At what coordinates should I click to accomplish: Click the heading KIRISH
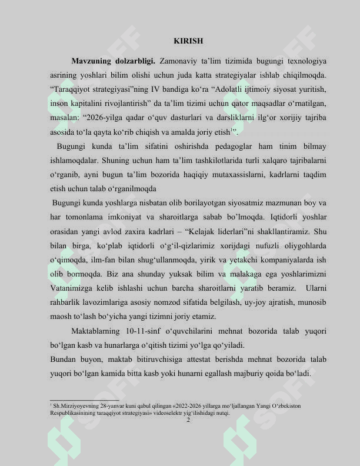pos(188,41)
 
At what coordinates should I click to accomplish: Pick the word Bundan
pos(64,360)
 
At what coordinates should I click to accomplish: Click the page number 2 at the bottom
pos(188,420)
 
